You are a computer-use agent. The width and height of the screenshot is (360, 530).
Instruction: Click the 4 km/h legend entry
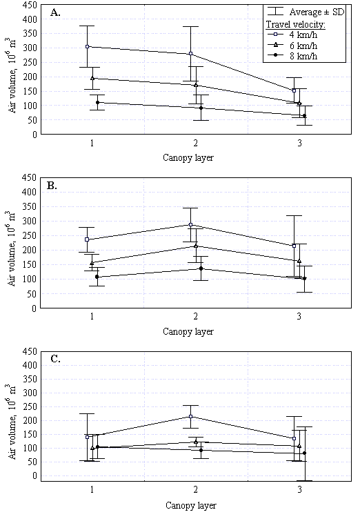click(x=292, y=35)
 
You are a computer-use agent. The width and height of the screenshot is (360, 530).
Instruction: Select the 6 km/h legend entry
click(x=292, y=46)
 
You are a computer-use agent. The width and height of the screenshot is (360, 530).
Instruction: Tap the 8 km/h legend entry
click(x=292, y=56)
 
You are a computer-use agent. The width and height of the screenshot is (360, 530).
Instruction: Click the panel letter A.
click(x=55, y=12)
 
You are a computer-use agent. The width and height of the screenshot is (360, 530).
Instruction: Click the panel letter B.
click(x=52, y=186)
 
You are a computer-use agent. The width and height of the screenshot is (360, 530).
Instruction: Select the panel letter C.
click(x=55, y=359)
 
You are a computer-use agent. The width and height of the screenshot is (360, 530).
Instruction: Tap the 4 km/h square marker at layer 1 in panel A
click(x=87, y=46)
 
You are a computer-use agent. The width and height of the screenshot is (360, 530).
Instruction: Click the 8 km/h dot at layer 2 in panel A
click(x=201, y=108)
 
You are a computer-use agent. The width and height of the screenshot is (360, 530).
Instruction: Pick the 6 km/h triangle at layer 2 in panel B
click(x=196, y=246)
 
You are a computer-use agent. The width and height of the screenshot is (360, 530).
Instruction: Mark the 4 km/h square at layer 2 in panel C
click(x=191, y=416)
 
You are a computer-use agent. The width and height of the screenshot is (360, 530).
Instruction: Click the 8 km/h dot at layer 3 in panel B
click(x=304, y=279)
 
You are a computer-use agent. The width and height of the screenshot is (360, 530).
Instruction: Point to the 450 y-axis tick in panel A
click(x=30, y=5)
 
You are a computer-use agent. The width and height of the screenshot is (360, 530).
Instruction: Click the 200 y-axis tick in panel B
click(x=30, y=250)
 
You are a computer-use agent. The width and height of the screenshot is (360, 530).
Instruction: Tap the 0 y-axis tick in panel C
click(x=34, y=475)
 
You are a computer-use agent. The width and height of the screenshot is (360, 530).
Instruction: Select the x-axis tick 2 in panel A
click(x=196, y=144)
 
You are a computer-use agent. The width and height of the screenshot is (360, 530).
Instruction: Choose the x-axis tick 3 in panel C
click(x=299, y=489)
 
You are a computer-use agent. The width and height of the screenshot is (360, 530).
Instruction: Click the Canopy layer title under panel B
click(x=188, y=331)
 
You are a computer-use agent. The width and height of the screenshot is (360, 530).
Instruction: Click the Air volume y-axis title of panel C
click(x=12, y=422)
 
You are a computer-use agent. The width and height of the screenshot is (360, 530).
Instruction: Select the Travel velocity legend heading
click(x=295, y=25)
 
